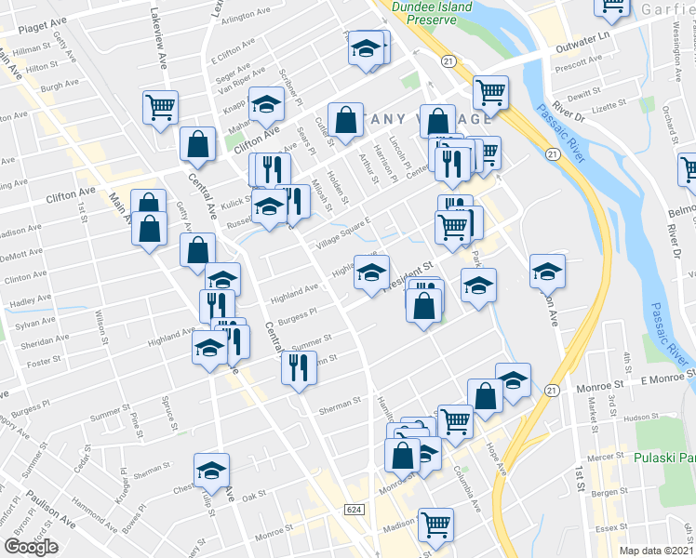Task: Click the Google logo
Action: (31, 547)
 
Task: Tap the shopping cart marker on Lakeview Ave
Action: (160, 107)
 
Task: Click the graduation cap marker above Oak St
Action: (211, 469)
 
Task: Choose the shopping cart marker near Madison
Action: (435, 524)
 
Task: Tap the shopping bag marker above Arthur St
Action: (345, 119)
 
